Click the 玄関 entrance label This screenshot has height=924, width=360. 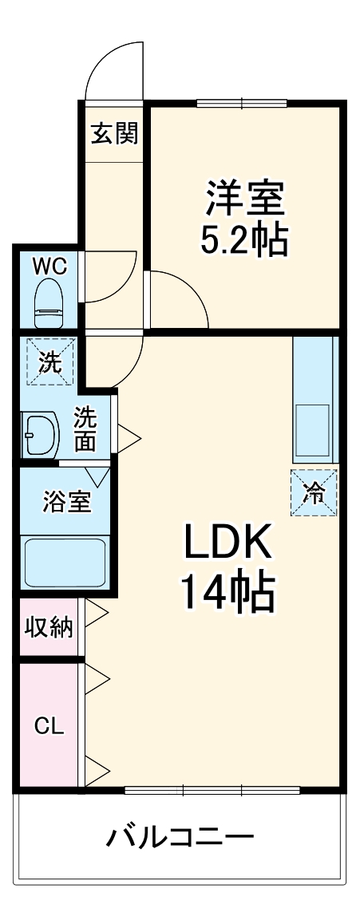(x=113, y=133)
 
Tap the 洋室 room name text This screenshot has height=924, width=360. (x=245, y=198)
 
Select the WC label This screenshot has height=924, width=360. (x=49, y=266)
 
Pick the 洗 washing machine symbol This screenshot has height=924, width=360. (x=49, y=362)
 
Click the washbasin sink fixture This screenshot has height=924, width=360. (x=40, y=435)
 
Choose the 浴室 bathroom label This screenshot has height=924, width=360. (x=66, y=503)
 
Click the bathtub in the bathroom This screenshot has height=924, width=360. (x=66, y=562)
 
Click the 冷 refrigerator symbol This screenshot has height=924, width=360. (x=314, y=493)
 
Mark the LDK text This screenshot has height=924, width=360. (x=229, y=545)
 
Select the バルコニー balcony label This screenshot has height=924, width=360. (x=180, y=838)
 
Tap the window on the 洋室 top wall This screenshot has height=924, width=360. (x=242, y=101)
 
